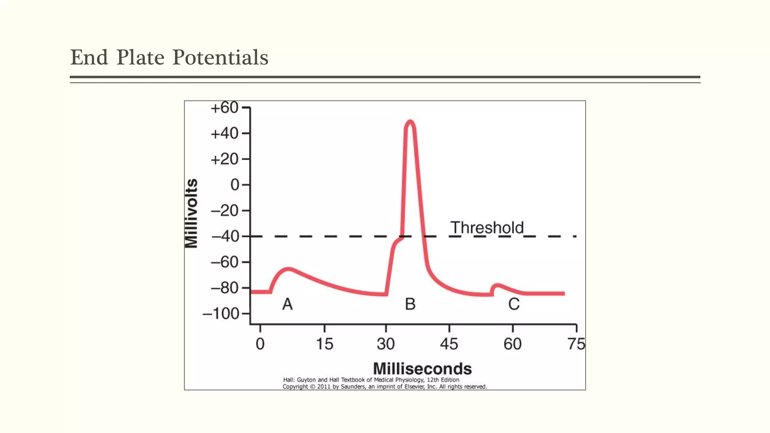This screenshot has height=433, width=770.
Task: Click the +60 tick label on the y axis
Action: click(224, 108)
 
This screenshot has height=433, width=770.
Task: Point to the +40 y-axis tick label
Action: click(224, 133)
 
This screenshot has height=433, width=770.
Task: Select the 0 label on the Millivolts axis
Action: click(235, 185)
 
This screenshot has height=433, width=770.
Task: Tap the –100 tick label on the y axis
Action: click(221, 313)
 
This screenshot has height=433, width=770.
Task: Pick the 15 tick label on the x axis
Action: click(324, 344)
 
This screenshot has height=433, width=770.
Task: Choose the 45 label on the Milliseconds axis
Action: click(449, 344)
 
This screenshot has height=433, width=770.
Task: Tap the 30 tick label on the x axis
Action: click(386, 344)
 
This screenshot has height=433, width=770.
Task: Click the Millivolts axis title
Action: click(191, 213)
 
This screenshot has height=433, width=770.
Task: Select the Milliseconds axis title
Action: click(422, 369)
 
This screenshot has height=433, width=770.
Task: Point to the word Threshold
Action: click(487, 227)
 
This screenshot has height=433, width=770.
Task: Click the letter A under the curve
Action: click(288, 304)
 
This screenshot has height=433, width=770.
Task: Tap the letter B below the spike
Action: click(410, 304)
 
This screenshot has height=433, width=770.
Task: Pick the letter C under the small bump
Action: click(514, 304)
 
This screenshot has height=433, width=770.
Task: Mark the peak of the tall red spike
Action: click(410, 122)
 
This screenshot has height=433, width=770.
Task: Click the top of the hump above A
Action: click(289, 269)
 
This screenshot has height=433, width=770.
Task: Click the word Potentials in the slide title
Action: click(220, 58)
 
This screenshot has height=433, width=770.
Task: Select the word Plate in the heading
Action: click(140, 58)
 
